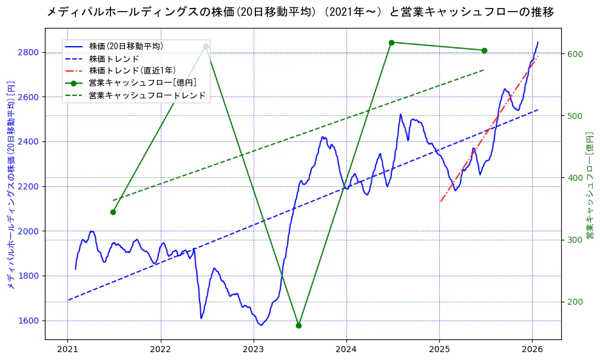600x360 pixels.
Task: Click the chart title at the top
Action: [x=300, y=12]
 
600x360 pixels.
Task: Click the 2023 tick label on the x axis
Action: [x=254, y=349]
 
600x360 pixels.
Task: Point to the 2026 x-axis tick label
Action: [x=532, y=349]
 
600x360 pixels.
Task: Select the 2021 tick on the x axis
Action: [x=67, y=349]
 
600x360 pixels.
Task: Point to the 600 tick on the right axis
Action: [x=575, y=54]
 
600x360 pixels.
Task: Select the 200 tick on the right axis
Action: [x=575, y=302]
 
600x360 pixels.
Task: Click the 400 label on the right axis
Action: [x=575, y=178]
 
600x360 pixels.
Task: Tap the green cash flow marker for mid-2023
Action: [x=298, y=325]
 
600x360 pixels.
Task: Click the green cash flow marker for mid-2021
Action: [x=113, y=212]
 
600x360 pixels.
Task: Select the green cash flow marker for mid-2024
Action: [x=391, y=42]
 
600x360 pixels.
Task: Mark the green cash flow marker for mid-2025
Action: [x=484, y=50]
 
